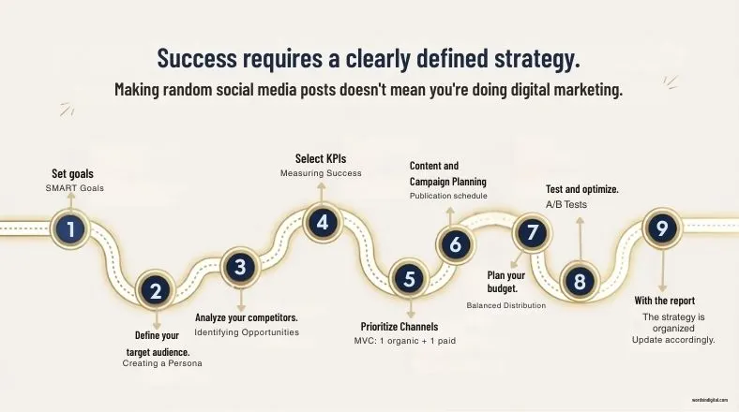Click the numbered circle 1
click(71, 228)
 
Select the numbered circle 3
click(240, 267)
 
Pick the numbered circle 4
click(323, 223)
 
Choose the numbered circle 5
click(409, 278)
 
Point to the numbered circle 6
click(456, 244)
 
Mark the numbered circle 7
click(532, 232)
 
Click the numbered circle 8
click(580, 280)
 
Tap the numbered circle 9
click(662, 228)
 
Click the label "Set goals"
click(72, 173)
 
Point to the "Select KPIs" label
click(321, 158)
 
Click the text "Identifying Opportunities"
click(247, 332)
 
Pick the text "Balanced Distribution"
click(506, 305)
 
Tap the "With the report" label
click(665, 301)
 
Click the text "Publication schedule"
click(448, 196)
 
